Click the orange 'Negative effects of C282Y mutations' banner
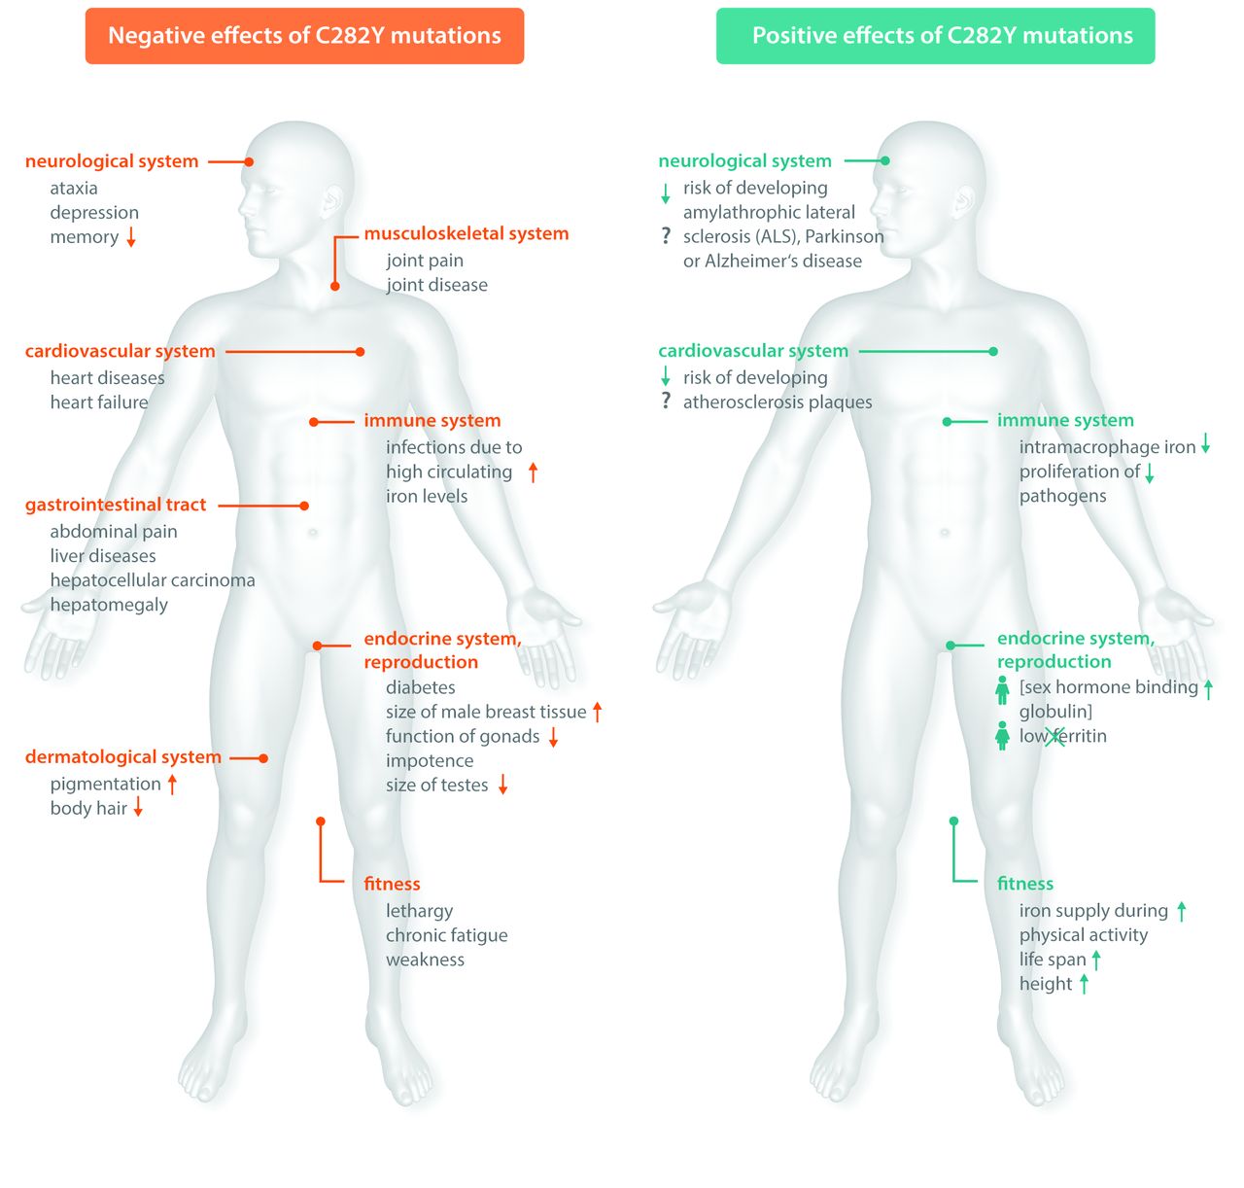click(304, 36)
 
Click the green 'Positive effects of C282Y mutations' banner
click(935, 36)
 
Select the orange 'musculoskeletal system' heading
click(466, 233)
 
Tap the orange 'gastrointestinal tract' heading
click(116, 505)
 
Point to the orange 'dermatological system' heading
click(123, 756)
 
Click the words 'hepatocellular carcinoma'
click(153, 580)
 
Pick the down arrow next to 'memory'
click(131, 236)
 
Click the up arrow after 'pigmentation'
click(172, 784)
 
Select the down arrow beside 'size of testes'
click(503, 785)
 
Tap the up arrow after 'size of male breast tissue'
click(598, 712)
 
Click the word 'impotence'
click(430, 760)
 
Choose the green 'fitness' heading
click(1025, 884)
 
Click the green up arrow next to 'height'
click(1084, 984)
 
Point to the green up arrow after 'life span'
click(1096, 960)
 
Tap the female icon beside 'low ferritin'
click(1002, 736)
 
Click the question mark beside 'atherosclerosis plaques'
click(666, 401)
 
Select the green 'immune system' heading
click(1065, 420)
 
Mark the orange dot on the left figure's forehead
click(249, 161)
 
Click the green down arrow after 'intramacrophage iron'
click(1206, 445)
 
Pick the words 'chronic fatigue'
click(447, 935)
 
